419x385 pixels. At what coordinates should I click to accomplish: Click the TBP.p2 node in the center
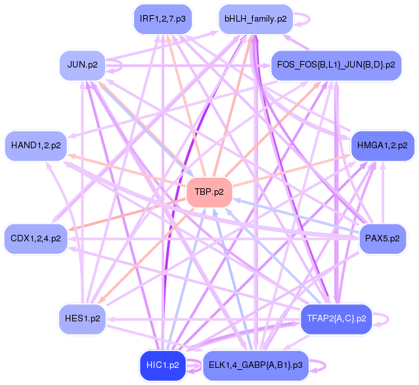(x=209, y=192)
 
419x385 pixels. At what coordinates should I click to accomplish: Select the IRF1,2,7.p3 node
(x=162, y=19)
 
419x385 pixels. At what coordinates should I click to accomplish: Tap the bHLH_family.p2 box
(x=255, y=19)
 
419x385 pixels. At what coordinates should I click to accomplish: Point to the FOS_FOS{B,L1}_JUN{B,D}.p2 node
(x=336, y=64)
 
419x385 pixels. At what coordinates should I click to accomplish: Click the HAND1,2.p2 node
(x=36, y=145)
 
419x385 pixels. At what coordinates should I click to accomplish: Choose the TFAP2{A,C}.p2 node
(x=336, y=319)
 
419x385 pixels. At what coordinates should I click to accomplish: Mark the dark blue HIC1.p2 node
(x=164, y=365)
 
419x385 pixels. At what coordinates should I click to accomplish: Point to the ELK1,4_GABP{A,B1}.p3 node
(x=255, y=365)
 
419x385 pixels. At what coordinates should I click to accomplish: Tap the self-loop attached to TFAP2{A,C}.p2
(x=386, y=319)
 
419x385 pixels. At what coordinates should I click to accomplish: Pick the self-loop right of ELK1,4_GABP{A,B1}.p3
(x=322, y=365)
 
